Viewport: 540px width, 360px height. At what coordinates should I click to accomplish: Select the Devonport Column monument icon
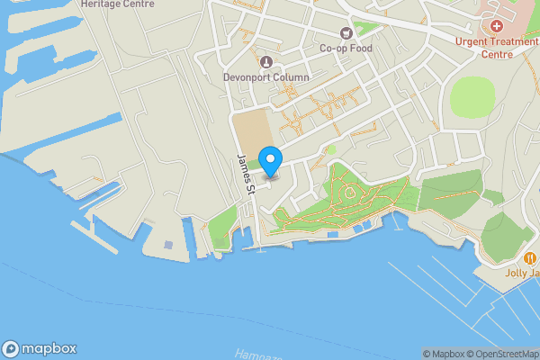point(266,61)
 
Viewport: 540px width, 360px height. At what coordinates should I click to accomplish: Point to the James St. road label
point(246,174)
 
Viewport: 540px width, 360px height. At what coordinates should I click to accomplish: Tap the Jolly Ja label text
point(521,274)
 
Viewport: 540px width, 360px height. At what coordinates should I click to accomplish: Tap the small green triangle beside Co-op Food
point(363,28)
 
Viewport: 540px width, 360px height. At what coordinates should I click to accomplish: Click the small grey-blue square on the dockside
point(168,244)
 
